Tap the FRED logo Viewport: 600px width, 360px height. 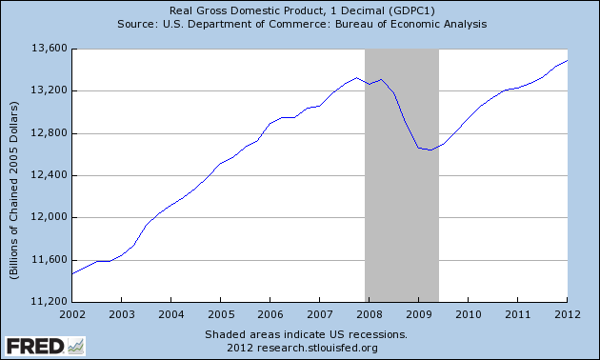pos(44,344)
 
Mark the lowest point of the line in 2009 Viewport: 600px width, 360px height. pos(430,150)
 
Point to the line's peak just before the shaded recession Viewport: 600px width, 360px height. pos(356,78)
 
